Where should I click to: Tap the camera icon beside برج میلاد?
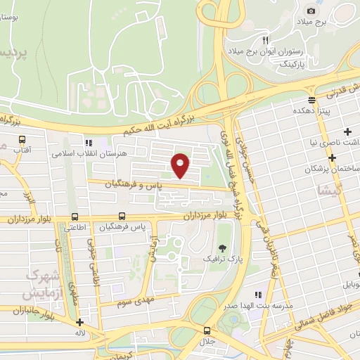(x=311, y=11)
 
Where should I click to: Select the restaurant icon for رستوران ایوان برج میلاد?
(x=266, y=40)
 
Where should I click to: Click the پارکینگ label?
(x=284, y=63)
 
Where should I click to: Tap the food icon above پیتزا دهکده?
(x=311, y=100)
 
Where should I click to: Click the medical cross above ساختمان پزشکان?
(x=347, y=132)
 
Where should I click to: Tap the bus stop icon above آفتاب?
(x=22, y=139)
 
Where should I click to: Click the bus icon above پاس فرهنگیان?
(x=122, y=216)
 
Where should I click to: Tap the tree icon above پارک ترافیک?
(x=223, y=247)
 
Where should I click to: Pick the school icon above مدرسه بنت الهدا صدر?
(x=257, y=294)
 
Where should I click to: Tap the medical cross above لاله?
(x=79, y=323)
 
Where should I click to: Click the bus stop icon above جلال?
(x=207, y=330)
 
